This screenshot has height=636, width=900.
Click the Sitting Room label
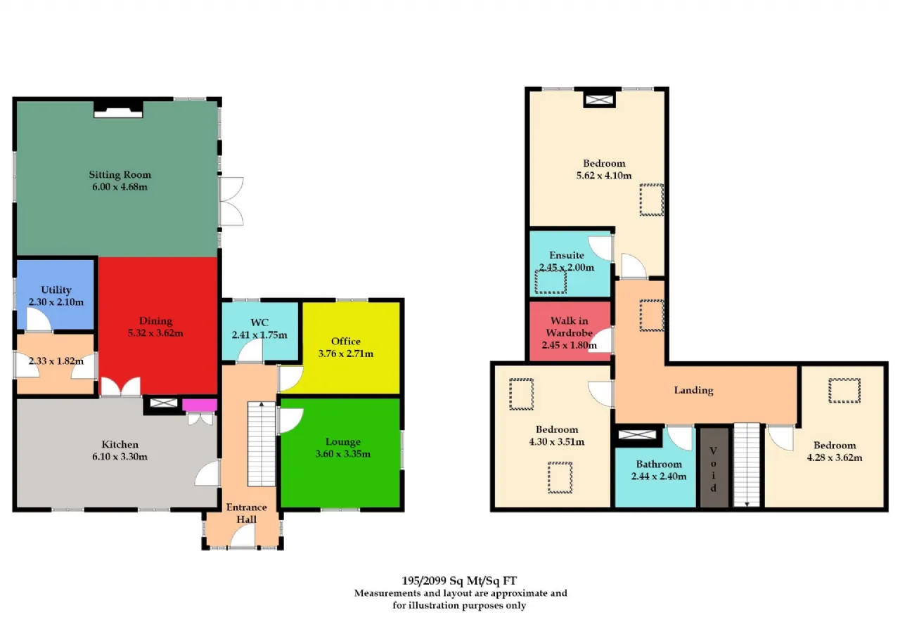pos(120,175)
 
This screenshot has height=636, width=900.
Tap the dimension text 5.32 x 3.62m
pos(155,333)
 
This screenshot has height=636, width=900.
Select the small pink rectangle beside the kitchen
pos(200,405)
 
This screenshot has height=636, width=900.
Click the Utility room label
pos(56,290)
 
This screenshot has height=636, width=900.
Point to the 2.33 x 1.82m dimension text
pos(56,361)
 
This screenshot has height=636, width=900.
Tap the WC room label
pos(259,323)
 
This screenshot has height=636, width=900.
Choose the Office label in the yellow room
pos(345,342)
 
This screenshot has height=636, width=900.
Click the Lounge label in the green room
pos(342,441)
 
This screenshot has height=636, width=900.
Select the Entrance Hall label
pos(246,513)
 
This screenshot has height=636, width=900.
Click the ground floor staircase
pos(262,443)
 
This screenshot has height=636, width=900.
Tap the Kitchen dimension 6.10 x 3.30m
pos(120,457)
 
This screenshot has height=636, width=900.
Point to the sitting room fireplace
pos(118,109)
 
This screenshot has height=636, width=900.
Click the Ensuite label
pos(567,255)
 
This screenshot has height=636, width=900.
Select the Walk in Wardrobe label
pos(570,326)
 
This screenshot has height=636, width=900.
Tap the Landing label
pos(693,390)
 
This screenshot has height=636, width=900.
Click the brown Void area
pos(714,468)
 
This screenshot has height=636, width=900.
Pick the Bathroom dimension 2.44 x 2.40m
pos(659,476)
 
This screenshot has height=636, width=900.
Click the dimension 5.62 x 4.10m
pos(604,176)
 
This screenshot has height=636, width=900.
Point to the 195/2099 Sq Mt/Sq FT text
pos(459,580)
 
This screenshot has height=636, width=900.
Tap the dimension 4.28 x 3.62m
pos(835,457)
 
